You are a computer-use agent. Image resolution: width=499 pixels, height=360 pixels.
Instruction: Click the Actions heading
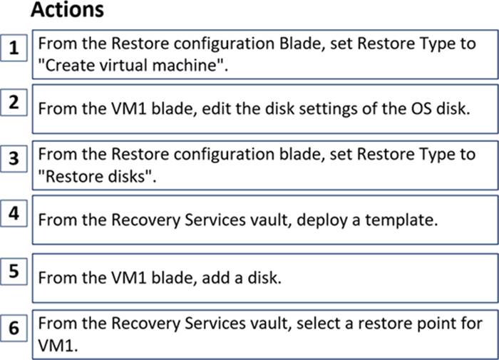[x=67, y=9]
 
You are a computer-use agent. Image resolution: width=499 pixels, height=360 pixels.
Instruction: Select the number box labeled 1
[x=14, y=48]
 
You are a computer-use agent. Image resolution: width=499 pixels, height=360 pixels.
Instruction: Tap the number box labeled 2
[x=14, y=103]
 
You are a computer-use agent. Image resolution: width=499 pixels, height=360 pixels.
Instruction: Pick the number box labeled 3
[x=14, y=158]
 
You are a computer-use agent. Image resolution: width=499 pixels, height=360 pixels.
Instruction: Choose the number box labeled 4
[x=14, y=213]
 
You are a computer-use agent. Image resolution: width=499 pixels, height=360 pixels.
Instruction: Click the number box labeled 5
[x=14, y=271]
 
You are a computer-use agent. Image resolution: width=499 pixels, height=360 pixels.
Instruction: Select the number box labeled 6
[x=14, y=328]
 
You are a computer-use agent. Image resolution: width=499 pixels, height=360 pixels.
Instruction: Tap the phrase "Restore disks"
[x=97, y=176]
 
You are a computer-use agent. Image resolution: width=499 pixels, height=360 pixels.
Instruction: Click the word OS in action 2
[x=421, y=109]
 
